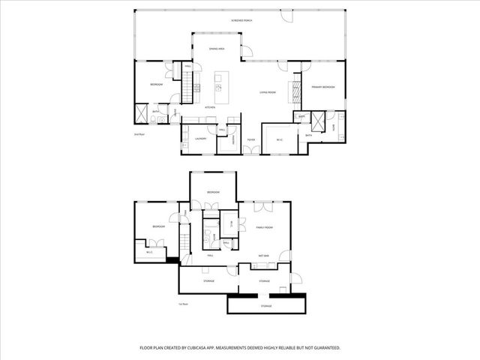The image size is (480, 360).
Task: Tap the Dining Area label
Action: [x=217, y=48]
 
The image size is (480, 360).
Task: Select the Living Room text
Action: [x=268, y=92]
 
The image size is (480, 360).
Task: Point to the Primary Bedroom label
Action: [x=322, y=88]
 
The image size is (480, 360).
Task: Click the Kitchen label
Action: [x=210, y=107]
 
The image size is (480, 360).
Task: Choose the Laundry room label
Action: [x=200, y=139]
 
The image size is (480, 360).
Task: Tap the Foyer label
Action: [x=252, y=139]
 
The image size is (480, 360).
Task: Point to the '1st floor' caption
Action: [x=182, y=304]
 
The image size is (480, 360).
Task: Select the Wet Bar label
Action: [x=264, y=256]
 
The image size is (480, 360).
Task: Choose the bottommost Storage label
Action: [x=266, y=306]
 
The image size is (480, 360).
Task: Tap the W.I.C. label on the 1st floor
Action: [x=150, y=252]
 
